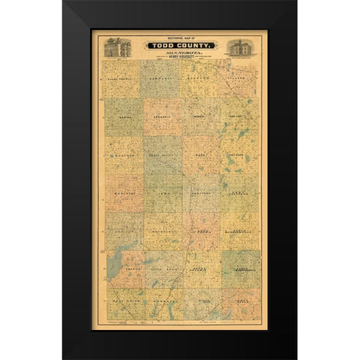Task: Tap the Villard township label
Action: [238, 76]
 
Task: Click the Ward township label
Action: [199, 157]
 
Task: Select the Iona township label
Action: [162, 192]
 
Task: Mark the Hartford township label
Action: [199, 192]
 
